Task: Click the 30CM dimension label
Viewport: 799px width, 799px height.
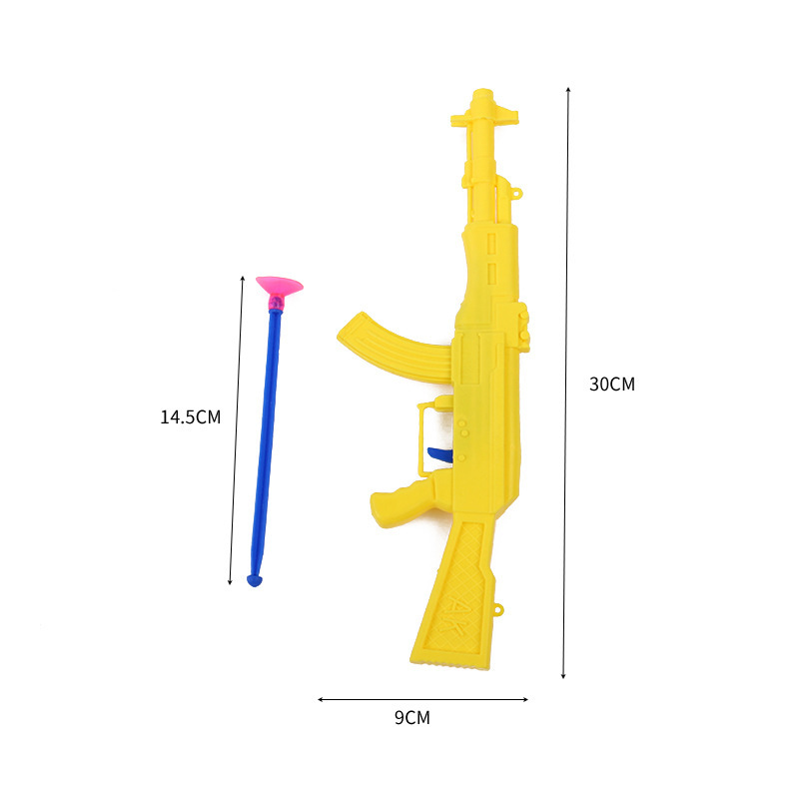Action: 612,385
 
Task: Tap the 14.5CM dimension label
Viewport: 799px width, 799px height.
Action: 190,417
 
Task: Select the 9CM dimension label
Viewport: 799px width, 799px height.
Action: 411,717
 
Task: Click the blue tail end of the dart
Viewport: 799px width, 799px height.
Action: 256,578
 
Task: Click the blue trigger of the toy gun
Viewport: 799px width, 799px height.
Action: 438,457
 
